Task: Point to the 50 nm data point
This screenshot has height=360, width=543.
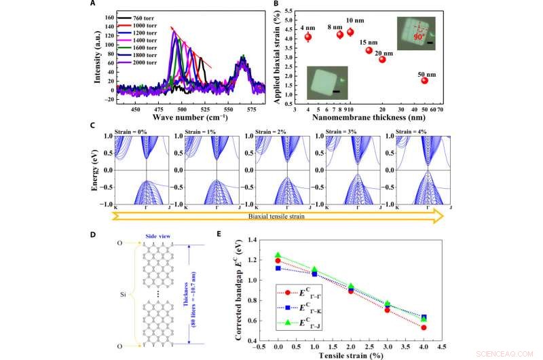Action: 424,80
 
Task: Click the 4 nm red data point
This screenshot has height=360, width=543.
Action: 307,37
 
